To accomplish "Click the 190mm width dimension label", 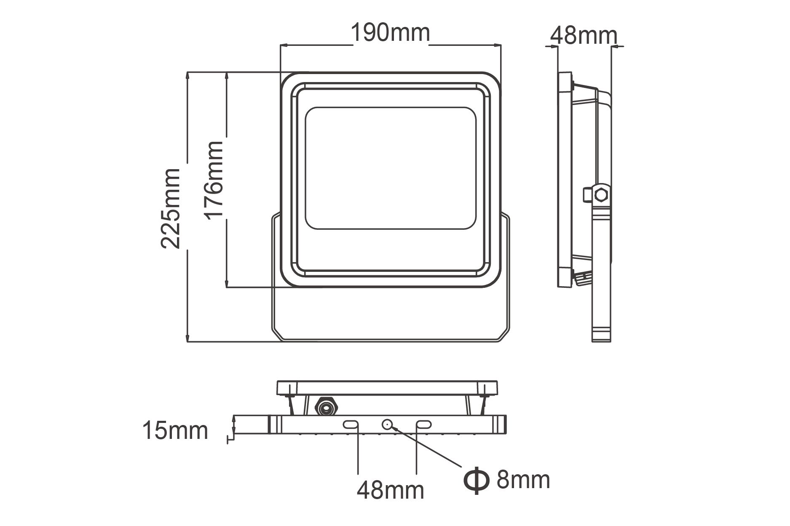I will [x=390, y=33].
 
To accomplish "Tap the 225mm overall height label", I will [x=171, y=209].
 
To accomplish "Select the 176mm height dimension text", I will [x=214, y=179].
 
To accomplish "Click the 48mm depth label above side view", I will [x=583, y=35].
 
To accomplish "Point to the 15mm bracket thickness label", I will [x=175, y=430].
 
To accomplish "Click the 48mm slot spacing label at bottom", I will [x=390, y=490].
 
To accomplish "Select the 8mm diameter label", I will [x=523, y=479].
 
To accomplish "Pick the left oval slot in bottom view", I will [x=351, y=425].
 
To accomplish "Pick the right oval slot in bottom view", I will [x=423, y=425].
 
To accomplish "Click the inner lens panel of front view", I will [x=390, y=168].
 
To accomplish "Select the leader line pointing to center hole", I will [x=426, y=446].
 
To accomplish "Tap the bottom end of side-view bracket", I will [x=601, y=339].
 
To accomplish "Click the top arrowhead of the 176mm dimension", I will [x=227, y=76].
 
